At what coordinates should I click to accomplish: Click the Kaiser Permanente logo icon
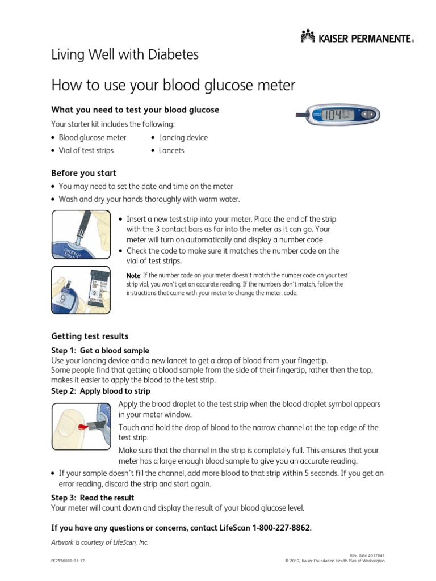pos(307,37)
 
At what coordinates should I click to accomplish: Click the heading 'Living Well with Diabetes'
pos(125,55)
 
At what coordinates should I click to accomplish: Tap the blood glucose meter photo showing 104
pos(338,115)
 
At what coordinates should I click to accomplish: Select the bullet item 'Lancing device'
pos(183,137)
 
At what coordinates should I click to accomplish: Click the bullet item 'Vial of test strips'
pos(86,150)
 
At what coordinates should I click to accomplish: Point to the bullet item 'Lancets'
pos(171,150)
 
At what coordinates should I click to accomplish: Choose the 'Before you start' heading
pos(83,173)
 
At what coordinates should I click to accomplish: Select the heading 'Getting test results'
pos(90,336)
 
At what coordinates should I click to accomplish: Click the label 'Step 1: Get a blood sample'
pos(100,350)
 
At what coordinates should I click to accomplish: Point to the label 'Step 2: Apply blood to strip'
pos(100,391)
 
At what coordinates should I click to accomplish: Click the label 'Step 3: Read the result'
pos(93,498)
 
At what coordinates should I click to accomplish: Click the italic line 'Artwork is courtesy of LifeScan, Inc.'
pos(100,542)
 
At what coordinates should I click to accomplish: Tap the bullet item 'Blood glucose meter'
pos(92,137)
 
